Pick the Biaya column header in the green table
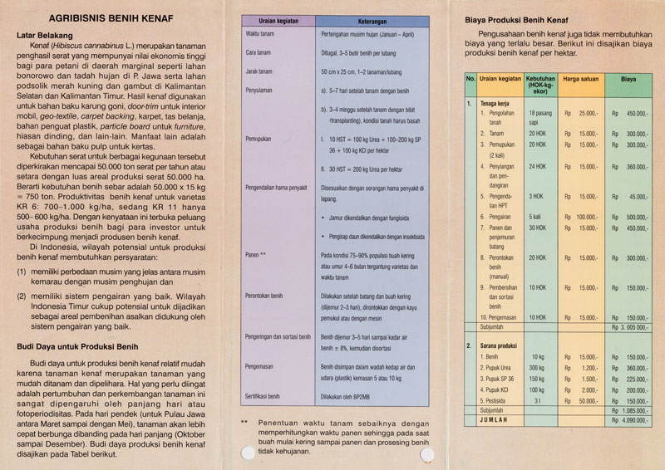628,80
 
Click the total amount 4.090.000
633,421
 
